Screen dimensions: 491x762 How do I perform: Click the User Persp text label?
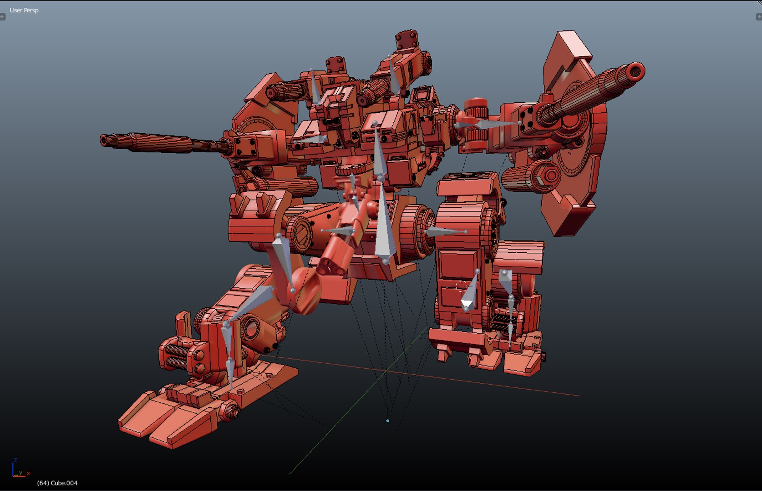point(24,10)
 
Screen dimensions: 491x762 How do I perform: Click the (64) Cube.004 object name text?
point(57,483)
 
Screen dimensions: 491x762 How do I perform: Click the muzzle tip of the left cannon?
point(104,140)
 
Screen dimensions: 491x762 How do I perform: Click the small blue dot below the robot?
point(388,421)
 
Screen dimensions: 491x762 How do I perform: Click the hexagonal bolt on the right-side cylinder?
point(549,175)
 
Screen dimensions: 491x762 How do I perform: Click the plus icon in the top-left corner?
point(2,17)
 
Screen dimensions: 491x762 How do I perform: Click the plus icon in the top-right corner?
point(759,17)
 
